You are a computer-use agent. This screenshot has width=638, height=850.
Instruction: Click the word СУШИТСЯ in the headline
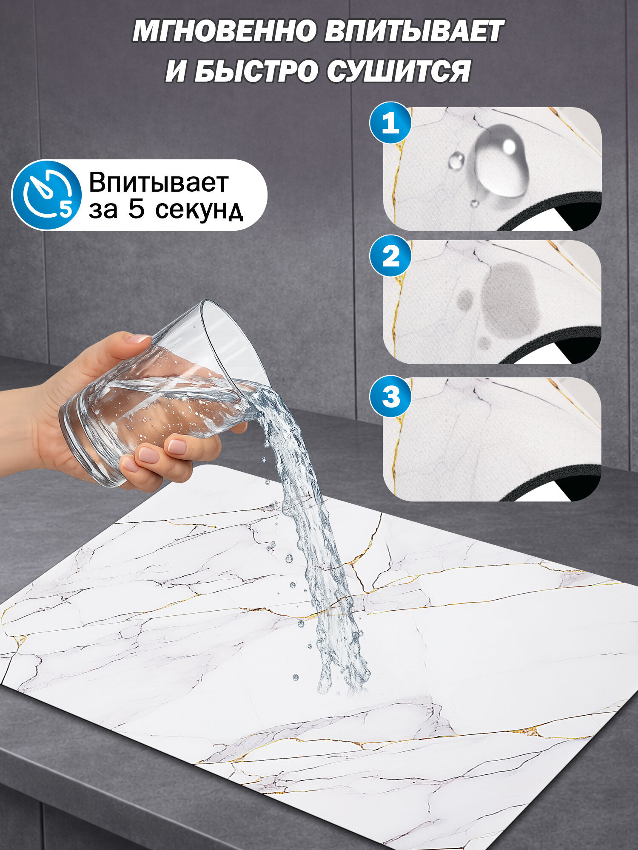tap(399, 71)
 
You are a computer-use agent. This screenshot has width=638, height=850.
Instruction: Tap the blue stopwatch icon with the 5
tap(47, 195)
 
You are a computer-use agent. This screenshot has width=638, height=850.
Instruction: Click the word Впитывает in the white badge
tap(159, 182)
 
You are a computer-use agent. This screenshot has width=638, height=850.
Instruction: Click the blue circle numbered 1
tap(390, 123)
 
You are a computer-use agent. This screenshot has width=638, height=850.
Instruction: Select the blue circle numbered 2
tap(390, 256)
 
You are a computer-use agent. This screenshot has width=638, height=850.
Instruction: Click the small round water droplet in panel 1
tap(456, 161)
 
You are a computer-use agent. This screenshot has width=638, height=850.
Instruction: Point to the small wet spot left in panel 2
tap(465, 299)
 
